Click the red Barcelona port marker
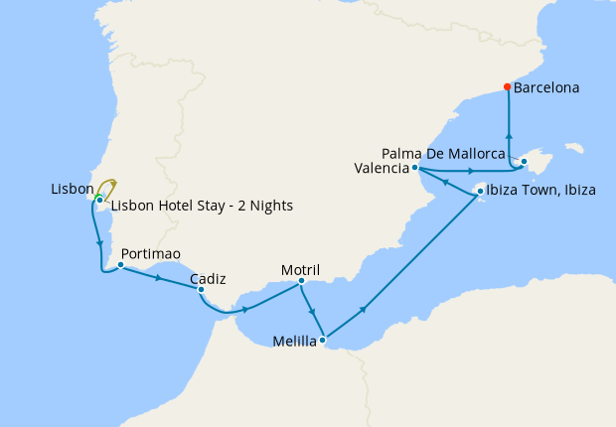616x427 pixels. coord(507,86)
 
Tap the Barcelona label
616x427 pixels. coord(546,87)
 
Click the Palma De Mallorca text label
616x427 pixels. coord(444,153)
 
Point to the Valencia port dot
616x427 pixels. coord(414,168)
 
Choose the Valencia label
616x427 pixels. coord(381,168)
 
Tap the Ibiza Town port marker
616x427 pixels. coord(480,191)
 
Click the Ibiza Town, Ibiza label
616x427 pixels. coord(542,191)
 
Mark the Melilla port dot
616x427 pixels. coord(323,340)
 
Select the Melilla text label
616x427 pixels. coord(295,343)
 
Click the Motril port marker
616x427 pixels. coord(301,281)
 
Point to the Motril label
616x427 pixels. coord(300,268)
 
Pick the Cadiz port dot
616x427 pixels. coord(201,290)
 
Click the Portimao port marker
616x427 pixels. coord(120,265)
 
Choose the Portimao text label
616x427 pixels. coord(150,253)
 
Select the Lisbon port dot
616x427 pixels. coord(99,201)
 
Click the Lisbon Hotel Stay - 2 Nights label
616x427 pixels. coord(202,207)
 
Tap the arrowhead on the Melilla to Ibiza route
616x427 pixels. coord(364,310)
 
